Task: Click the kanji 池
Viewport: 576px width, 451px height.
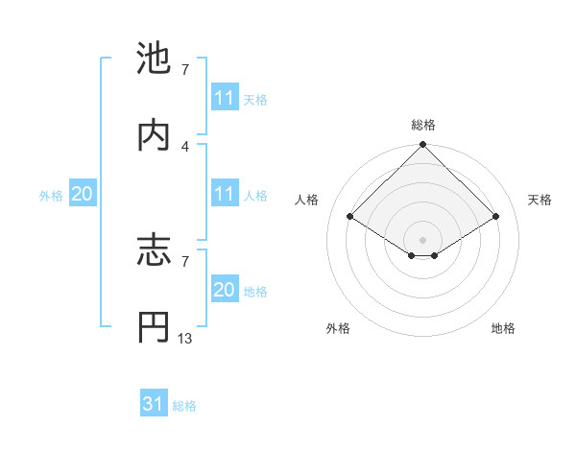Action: tap(154, 58)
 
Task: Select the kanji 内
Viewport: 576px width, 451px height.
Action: tap(154, 133)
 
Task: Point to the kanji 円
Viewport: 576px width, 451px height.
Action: tap(154, 327)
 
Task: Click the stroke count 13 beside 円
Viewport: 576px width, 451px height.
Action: tap(185, 339)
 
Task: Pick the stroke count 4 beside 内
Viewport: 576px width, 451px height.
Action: tap(185, 146)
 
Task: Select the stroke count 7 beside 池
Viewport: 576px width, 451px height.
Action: tap(185, 70)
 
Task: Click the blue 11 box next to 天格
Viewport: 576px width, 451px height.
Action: tap(225, 99)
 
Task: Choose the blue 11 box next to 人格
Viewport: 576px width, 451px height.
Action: tap(225, 195)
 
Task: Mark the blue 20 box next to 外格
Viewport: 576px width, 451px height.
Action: tap(82, 195)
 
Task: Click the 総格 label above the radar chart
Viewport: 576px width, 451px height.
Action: tap(423, 125)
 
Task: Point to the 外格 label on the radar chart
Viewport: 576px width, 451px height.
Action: tap(338, 328)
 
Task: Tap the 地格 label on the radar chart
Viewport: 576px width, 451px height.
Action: tap(503, 328)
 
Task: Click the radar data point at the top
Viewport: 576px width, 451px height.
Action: tap(423, 146)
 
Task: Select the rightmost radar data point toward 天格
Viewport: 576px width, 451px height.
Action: tap(496, 217)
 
